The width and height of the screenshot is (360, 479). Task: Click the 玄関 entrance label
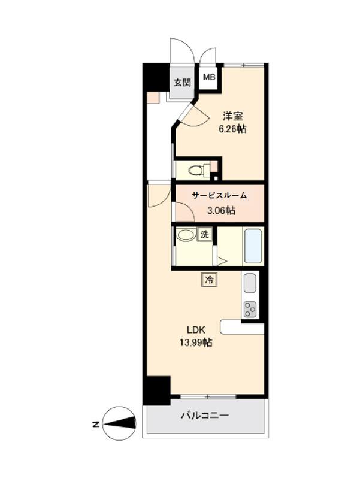183,83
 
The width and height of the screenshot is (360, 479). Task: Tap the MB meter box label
209,77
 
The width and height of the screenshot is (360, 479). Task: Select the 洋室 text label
232,116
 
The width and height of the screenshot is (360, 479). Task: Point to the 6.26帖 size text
232,129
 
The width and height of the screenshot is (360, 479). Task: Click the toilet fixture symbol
199,170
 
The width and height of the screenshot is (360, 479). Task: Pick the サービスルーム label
219,196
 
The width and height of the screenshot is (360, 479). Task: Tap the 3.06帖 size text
221,210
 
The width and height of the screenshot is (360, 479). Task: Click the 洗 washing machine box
205,234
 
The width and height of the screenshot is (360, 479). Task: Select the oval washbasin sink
186,235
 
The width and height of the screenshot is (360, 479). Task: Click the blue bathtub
253,246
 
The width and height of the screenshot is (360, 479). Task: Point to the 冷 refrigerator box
209,280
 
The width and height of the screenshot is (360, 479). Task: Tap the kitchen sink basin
250,283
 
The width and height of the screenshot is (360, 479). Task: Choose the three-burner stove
250,308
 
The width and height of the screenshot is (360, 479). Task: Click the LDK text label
196,330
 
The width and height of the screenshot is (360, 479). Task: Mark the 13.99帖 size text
196,342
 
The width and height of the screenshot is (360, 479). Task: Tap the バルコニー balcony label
205,416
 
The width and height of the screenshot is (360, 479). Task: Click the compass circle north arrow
119,423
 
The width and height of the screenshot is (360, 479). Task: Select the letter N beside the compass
96,425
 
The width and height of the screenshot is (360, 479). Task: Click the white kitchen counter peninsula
242,327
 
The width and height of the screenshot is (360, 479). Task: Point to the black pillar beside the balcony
156,390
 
